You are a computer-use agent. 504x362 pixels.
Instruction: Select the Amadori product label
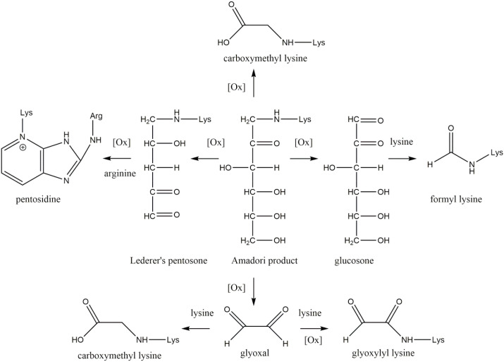coord(254,260)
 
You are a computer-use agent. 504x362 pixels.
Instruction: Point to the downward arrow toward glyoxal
coord(254,289)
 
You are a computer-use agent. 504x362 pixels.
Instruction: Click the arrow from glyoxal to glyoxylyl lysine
coord(311,328)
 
